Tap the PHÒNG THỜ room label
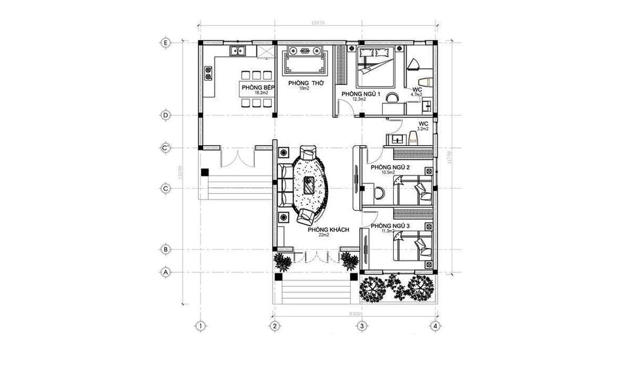pos(303,84)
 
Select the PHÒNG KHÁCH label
pos(328,230)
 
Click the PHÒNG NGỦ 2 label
pos(390,167)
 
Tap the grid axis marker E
pos(166,43)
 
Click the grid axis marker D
pos(166,115)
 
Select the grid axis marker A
pos(166,272)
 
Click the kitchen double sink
pos(237,52)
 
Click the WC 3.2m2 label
pos(423,126)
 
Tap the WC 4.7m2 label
pos(417,91)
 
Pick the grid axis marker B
pos(166,249)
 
